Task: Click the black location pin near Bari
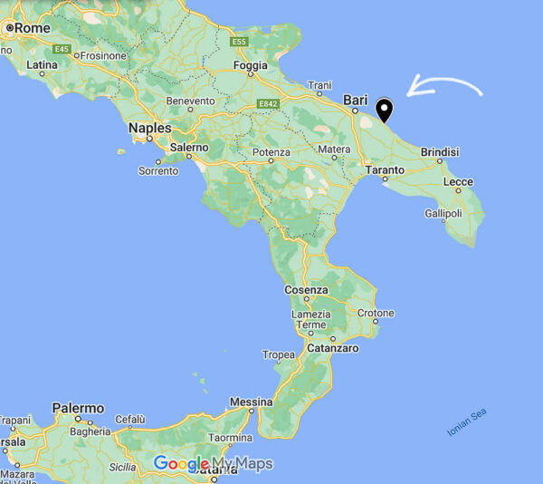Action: tap(385, 111)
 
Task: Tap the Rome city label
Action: tap(32, 28)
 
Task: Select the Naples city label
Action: tap(149, 128)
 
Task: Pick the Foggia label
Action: tap(251, 65)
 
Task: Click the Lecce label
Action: tap(458, 182)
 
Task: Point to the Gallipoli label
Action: tap(443, 214)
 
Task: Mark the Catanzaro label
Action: tap(332, 348)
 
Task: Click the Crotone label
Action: tap(376, 313)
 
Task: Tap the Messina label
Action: tap(251, 402)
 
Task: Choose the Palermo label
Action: tap(78, 409)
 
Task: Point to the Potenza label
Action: tap(271, 151)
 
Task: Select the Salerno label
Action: tap(189, 147)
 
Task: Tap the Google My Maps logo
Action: tap(213, 464)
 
